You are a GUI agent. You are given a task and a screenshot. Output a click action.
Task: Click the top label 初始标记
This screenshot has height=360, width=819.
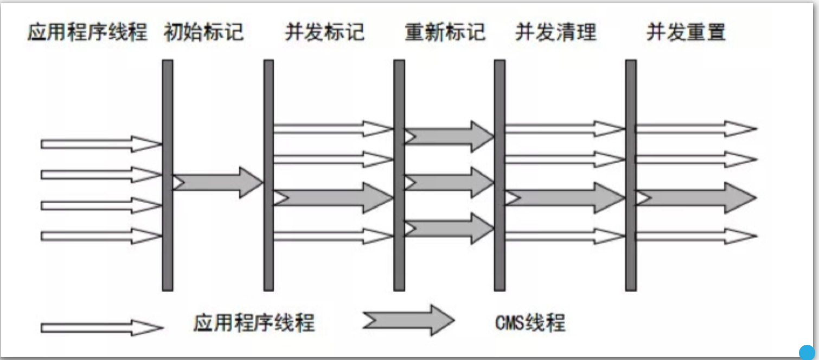pyautogui.click(x=203, y=33)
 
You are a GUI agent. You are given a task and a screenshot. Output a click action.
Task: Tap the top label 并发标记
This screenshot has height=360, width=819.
pyautogui.click(x=324, y=33)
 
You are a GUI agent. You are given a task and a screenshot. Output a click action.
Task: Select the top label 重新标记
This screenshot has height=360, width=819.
pyautogui.click(x=445, y=33)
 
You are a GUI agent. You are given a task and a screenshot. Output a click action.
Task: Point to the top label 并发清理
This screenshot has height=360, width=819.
pyautogui.click(x=555, y=33)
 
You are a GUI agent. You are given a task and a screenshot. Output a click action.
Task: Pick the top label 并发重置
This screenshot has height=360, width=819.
pyautogui.click(x=686, y=33)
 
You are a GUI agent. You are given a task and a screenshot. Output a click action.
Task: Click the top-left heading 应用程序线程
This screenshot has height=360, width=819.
pyautogui.click(x=87, y=33)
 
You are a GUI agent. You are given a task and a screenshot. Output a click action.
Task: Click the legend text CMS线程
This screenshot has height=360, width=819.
pyautogui.click(x=530, y=324)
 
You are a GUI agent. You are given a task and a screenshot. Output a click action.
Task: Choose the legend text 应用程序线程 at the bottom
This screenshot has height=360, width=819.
pyautogui.click(x=254, y=324)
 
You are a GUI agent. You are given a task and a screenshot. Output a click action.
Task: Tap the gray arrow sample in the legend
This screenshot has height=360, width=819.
pyautogui.click(x=408, y=320)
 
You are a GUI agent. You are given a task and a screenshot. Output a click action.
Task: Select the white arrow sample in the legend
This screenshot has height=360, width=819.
pyautogui.click(x=102, y=327)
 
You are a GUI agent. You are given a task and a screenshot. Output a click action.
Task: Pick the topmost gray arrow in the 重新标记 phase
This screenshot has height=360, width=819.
pyautogui.click(x=450, y=136)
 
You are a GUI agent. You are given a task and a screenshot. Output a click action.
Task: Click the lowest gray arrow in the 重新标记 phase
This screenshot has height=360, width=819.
pyautogui.click(x=450, y=229)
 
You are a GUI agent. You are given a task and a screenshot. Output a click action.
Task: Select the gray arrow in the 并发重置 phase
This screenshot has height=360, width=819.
pyautogui.click(x=696, y=198)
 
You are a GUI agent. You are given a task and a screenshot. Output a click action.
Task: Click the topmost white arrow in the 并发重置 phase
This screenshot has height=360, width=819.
pyautogui.click(x=696, y=129)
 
